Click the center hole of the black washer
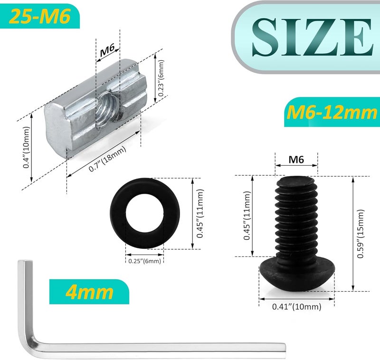click(145, 213)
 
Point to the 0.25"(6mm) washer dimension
click(145, 260)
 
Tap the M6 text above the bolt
click(296, 160)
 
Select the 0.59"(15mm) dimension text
click(361, 234)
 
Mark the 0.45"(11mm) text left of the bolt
click(247, 216)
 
